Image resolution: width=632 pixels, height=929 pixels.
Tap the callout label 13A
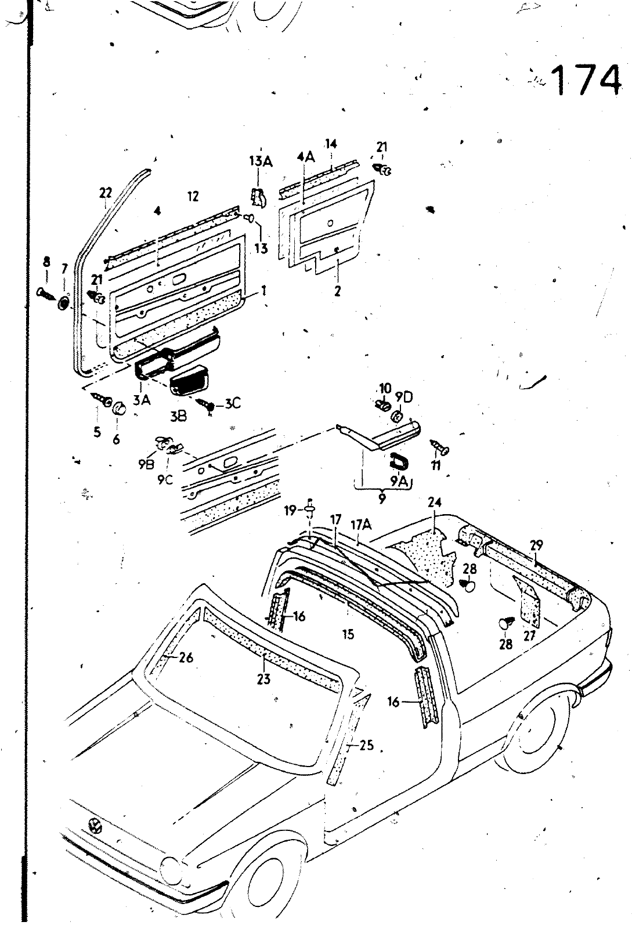pos(261,161)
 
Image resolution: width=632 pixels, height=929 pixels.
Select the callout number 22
pos(105,193)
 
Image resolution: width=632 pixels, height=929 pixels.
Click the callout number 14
pos(331,143)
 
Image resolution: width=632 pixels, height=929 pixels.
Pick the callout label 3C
pos(232,403)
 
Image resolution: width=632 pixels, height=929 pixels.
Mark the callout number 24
pos(435,502)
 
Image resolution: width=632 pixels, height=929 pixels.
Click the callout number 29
pos(536,544)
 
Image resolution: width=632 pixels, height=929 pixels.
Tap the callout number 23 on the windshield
pos(264,678)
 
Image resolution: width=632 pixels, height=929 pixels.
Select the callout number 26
pos(186,657)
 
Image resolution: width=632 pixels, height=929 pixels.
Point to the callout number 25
pos(367,745)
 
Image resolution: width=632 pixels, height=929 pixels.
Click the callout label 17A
pos(360,525)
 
